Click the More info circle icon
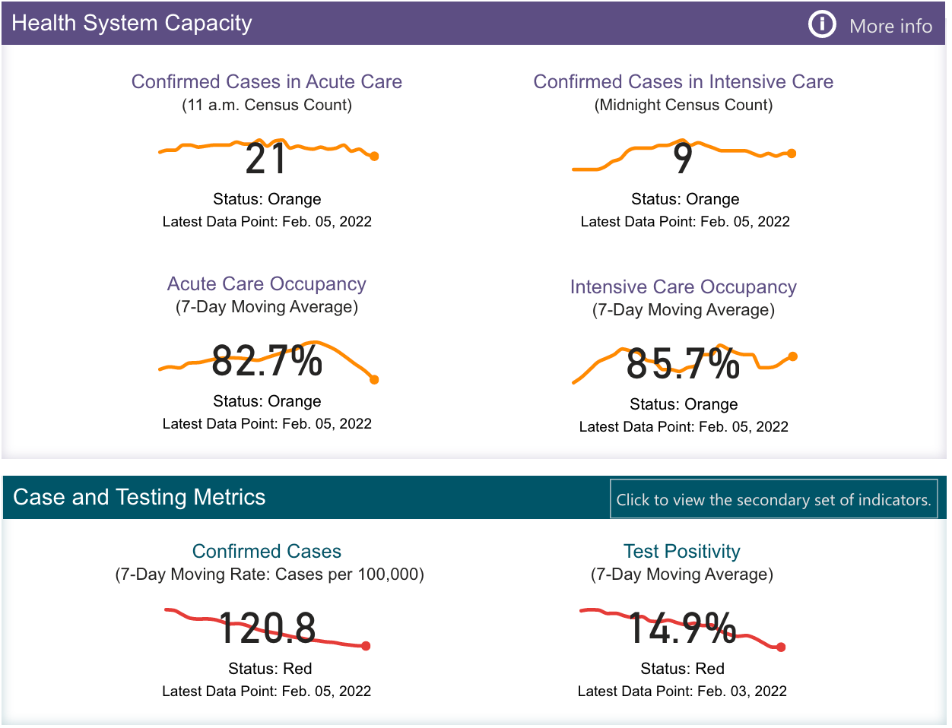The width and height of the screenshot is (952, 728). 821,24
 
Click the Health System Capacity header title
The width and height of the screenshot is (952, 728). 132,23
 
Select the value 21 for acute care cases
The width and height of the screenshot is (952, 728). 265,159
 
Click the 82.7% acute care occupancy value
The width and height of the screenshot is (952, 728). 267,361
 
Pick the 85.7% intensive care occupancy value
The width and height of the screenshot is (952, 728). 683,364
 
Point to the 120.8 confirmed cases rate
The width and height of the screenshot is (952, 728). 267,628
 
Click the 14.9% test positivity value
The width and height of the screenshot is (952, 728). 682,628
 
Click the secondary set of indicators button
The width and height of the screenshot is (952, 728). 773,499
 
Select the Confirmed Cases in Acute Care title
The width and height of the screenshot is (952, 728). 267,81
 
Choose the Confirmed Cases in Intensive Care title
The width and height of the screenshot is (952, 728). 683,81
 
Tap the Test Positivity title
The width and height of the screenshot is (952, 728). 682,551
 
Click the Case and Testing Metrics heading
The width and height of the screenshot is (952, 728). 139,497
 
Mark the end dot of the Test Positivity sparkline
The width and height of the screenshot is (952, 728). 781,647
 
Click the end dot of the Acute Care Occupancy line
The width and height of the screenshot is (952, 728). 374,379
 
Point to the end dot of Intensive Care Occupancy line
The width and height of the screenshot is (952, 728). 793,356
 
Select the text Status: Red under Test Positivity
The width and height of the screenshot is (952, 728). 682,669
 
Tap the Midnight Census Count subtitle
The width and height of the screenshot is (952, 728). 683,105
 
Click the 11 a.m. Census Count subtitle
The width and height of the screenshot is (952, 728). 267,105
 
